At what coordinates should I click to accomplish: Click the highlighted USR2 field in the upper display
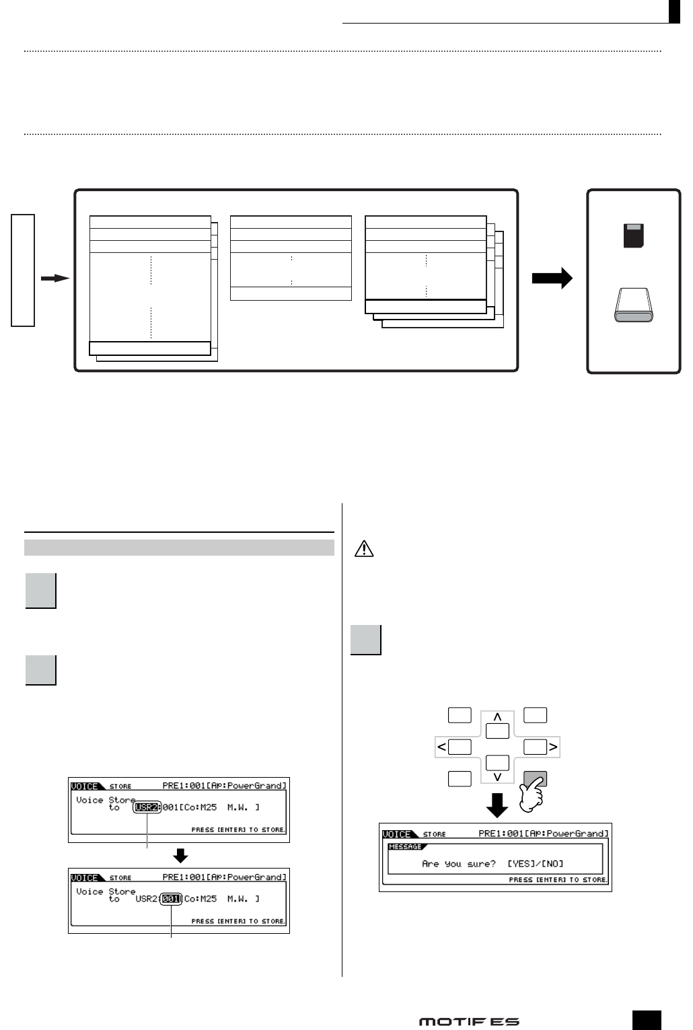tap(147, 807)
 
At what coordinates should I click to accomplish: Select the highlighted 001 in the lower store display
tap(172, 899)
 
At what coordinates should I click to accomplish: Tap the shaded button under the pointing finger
tap(535, 779)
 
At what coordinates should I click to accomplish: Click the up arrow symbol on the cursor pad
tap(498, 718)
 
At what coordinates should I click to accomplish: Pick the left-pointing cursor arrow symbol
tap(442, 747)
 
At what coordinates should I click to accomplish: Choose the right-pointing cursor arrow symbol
tap(553, 747)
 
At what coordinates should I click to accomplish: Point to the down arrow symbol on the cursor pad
tap(498, 777)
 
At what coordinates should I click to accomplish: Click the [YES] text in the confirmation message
tap(520, 864)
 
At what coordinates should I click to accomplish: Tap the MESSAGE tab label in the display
tap(406, 847)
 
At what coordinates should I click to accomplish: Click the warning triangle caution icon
tap(363, 550)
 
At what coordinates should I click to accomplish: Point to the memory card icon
tap(633, 236)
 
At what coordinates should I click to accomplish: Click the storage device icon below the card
tap(633, 305)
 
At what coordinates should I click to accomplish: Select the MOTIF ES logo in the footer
tap(469, 1021)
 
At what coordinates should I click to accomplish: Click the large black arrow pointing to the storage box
tap(552, 279)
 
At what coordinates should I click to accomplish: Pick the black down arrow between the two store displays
tap(180, 855)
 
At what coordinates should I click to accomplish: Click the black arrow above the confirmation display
tap(497, 805)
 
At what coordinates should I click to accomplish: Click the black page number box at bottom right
tap(647, 1020)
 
